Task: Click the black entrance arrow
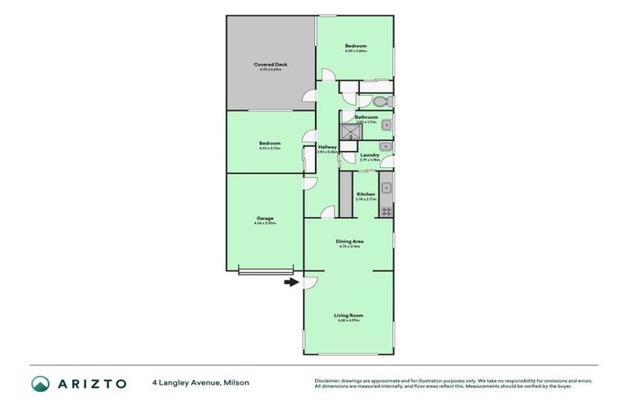[x=290, y=283]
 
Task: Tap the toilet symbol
[x=378, y=103]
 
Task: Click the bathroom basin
[x=386, y=125]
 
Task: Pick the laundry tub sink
[x=385, y=147]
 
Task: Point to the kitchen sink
[x=386, y=186]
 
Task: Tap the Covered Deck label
[x=270, y=64]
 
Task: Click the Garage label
[x=265, y=218]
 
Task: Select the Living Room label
[x=348, y=315]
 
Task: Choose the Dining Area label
[x=349, y=241]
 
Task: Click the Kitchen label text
[x=365, y=194]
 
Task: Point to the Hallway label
[x=328, y=147]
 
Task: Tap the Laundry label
[x=369, y=154]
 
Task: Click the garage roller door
[x=265, y=272]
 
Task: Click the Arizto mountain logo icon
[x=40, y=383]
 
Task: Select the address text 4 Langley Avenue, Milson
[x=200, y=382]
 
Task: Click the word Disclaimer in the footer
[x=329, y=381]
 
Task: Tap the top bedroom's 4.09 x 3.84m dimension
[x=355, y=51]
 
